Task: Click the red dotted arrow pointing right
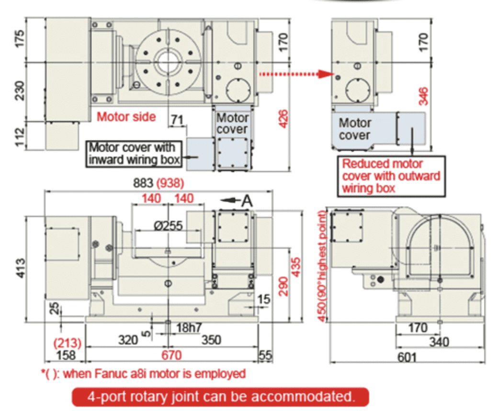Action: [x=296, y=74]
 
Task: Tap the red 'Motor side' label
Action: [x=126, y=117]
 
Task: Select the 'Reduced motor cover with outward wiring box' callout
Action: [x=391, y=176]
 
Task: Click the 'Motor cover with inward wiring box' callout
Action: [x=134, y=154]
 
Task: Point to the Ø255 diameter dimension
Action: [x=169, y=226]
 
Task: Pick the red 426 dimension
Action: [x=283, y=119]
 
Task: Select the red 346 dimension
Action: [x=423, y=96]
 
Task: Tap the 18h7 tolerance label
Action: [x=189, y=328]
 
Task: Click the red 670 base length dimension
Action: [x=171, y=355]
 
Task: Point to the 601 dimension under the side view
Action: [x=407, y=357]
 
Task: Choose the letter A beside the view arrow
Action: [x=247, y=201]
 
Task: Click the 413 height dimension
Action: [x=20, y=268]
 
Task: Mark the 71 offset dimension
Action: [x=177, y=120]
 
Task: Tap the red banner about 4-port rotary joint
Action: [x=221, y=397]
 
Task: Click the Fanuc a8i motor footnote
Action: [x=143, y=374]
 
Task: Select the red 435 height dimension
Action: [x=295, y=267]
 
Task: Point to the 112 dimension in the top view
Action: [x=20, y=137]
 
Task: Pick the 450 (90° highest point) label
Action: [x=322, y=266]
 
